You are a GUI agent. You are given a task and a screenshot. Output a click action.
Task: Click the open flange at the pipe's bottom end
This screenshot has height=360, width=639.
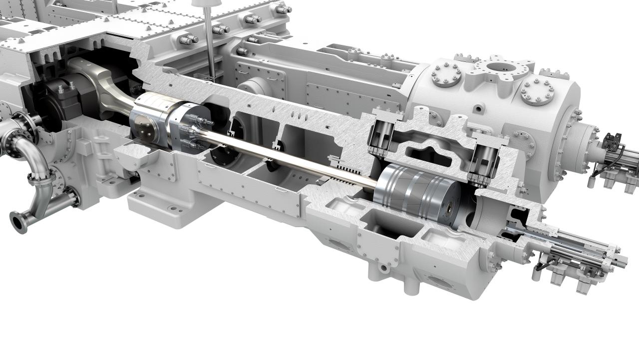19,222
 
